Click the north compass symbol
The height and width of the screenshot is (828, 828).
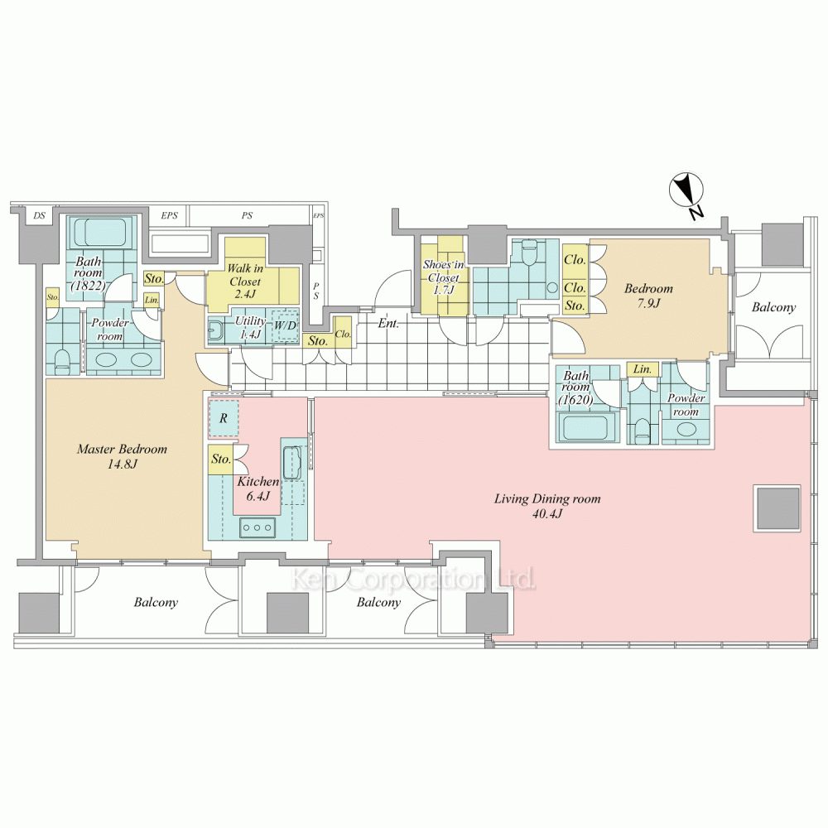tap(686, 191)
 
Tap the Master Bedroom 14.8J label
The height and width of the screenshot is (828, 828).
tap(122, 457)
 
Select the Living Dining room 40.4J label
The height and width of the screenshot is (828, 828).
tap(547, 505)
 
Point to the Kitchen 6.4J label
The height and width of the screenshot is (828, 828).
tap(258, 489)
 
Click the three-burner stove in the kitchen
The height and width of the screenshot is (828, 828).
tap(258, 527)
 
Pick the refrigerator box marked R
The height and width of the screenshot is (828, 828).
tap(224, 418)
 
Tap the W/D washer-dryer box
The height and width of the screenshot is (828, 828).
tap(285, 325)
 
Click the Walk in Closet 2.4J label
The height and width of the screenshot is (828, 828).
tap(245, 282)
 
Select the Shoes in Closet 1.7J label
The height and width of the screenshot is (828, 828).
tap(444, 277)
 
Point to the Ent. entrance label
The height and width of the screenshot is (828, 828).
tap(388, 323)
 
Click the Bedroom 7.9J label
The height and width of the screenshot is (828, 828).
tap(648, 296)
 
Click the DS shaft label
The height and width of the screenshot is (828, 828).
tap(39, 215)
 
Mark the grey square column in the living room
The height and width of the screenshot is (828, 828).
tap(778, 509)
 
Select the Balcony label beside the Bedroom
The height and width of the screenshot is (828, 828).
tap(773, 307)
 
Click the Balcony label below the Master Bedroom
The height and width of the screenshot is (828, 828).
tap(156, 602)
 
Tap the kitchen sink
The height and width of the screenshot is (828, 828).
tap(292, 463)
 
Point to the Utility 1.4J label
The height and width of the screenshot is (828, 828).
tap(249, 327)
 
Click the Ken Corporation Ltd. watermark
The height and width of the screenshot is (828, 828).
tap(414, 580)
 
